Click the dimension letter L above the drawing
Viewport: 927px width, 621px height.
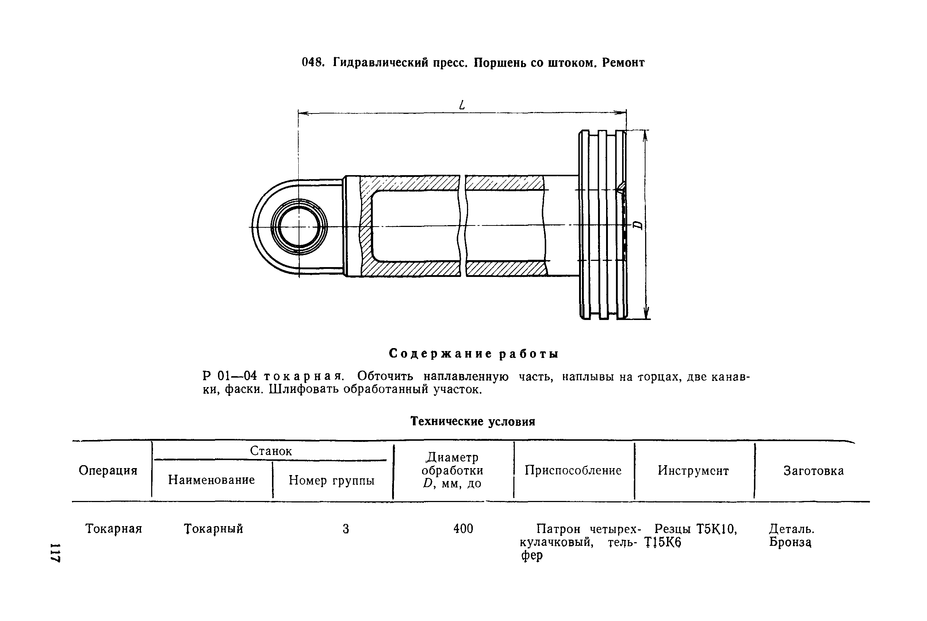pos(462,105)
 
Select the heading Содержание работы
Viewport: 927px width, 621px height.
pos(474,353)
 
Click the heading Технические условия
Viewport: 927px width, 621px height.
pos(472,421)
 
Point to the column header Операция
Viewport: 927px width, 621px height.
pos(108,471)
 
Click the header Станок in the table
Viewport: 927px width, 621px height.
pos(271,451)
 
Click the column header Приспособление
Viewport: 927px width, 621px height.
pos(573,471)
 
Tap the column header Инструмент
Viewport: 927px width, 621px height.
pos(693,471)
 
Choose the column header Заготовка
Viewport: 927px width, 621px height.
pos(814,471)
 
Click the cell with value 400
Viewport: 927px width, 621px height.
pos(463,529)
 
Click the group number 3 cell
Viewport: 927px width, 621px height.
pos(346,529)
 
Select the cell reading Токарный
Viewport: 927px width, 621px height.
pos(214,529)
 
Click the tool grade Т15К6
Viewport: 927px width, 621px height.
pos(663,542)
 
